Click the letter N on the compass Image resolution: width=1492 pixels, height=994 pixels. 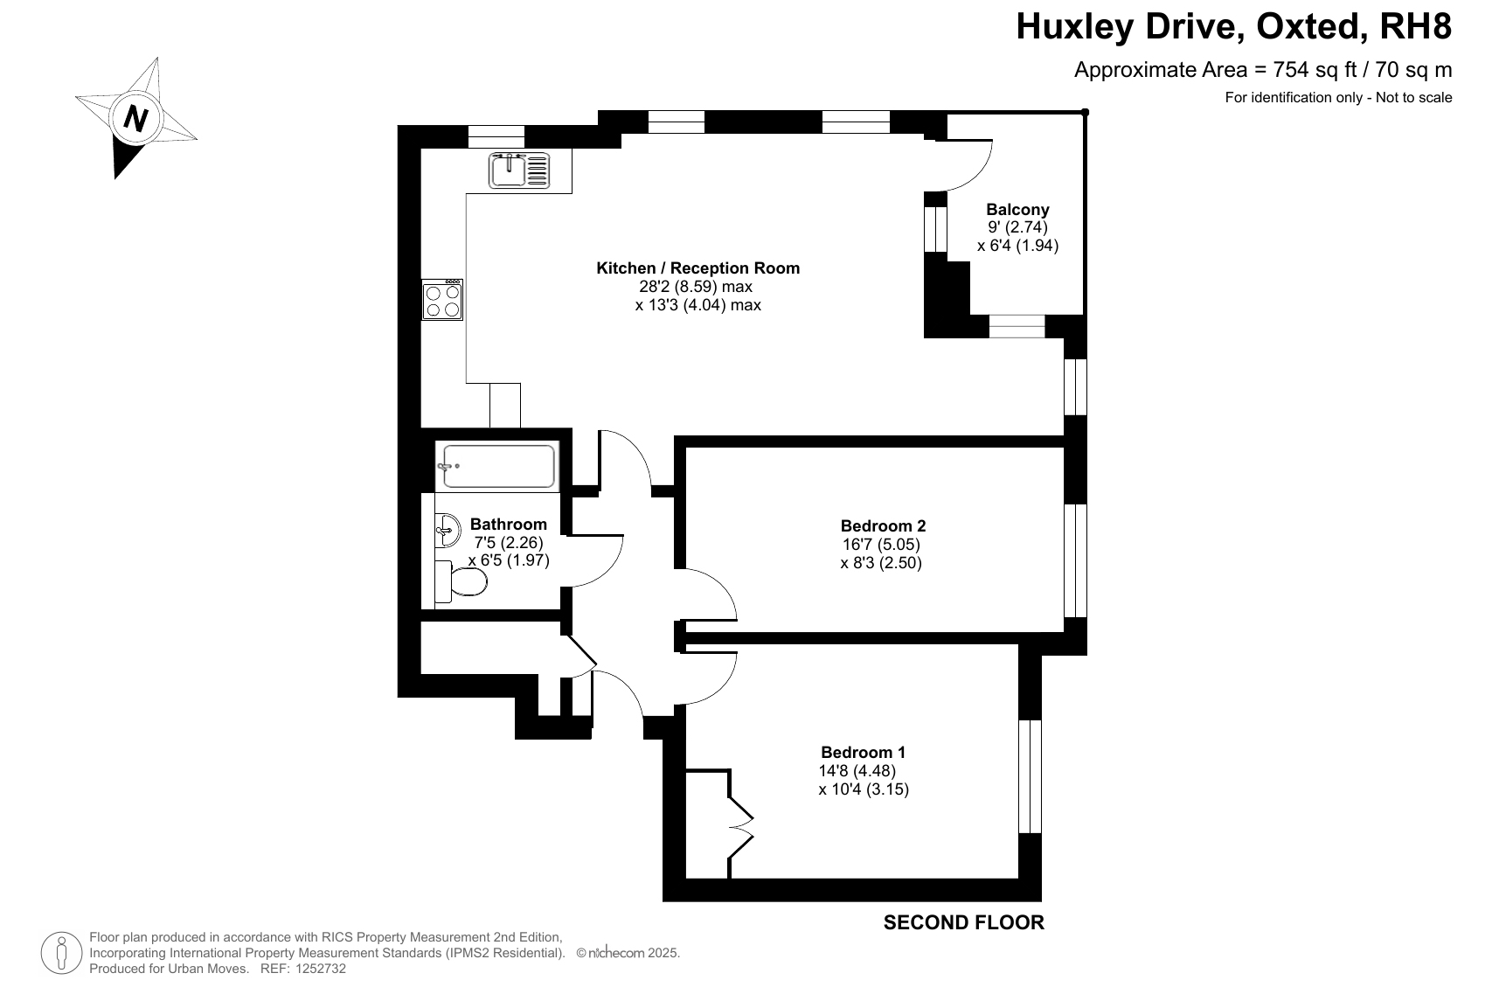coord(135,119)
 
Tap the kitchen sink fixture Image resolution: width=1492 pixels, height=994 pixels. coord(519,170)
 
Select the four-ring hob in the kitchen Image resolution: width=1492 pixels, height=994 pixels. coord(442,300)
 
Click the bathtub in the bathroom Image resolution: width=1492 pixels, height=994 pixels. coord(498,466)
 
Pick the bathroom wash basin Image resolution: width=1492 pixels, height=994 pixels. coord(447,531)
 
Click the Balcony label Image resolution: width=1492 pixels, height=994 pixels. coord(1017,209)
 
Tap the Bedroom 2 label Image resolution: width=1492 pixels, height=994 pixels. coord(883,525)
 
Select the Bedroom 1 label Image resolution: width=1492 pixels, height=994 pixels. coord(864,752)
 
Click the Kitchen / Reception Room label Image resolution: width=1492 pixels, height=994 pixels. coord(698,268)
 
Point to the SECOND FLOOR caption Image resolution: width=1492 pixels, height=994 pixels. coord(964,922)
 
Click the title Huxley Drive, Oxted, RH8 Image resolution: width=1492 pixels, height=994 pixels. coord(1233,27)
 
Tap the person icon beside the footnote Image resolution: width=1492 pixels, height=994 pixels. coord(61,954)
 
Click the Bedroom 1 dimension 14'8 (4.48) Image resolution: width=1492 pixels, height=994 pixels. coord(857,771)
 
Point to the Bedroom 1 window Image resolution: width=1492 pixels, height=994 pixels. coord(1030,776)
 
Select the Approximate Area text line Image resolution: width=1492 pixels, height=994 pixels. coord(1263,69)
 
